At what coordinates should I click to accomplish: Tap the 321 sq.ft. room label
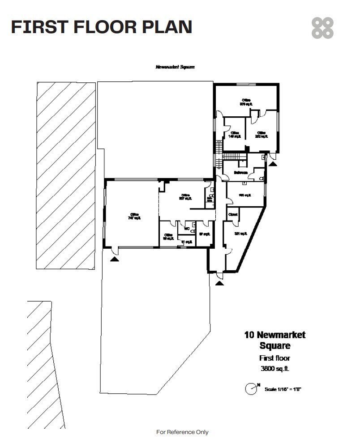click(241, 234)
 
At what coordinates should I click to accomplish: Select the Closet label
click(233, 215)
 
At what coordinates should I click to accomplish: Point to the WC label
click(187, 228)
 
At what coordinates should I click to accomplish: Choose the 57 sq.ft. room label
click(204, 234)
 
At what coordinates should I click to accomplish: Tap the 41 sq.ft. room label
click(187, 242)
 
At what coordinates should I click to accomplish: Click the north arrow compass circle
click(251, 389)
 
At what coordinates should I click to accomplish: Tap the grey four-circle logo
click(322, 28)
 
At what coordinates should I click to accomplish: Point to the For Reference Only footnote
click(182, 432)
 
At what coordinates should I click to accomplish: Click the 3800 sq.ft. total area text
click(274, 369)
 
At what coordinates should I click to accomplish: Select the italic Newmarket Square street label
click(175, 67)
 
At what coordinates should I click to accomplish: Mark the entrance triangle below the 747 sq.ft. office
click(115, 257)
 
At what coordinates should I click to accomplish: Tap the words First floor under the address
click(274, 358)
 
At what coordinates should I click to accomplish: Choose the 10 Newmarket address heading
click(274, 335)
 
